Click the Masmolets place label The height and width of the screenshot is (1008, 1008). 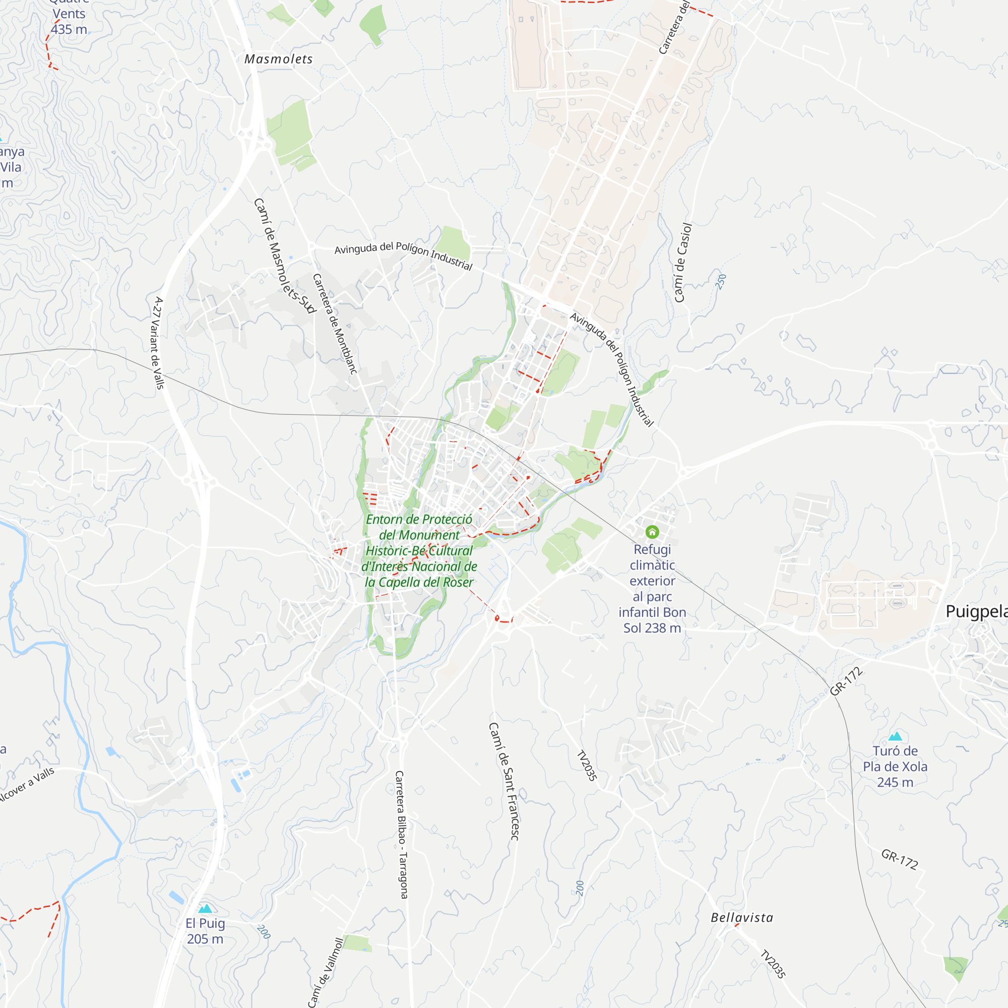(279, 59)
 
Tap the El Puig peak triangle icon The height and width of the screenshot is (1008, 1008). (206, 908)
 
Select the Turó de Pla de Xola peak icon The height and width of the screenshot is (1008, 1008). (895, 736)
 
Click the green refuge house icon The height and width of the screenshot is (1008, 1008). (652, 532)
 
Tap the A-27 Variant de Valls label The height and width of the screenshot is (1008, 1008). (158, 343)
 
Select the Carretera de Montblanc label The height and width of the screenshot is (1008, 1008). (335, 324)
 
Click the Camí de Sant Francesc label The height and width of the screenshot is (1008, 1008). (504, 781)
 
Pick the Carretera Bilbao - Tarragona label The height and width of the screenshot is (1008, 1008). (401, 834)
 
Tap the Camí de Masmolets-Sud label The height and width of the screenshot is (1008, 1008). (284, 255)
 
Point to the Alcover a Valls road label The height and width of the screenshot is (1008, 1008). (26, 785)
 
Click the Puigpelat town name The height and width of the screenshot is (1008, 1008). (976, 611)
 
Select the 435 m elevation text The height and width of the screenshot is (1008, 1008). (69, 30)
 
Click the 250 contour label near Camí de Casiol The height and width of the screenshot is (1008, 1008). (721, 282)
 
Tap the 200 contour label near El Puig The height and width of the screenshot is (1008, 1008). (264, 932)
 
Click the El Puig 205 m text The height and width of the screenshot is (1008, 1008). (205, 931)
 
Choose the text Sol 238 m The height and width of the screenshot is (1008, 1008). (652, 627)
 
